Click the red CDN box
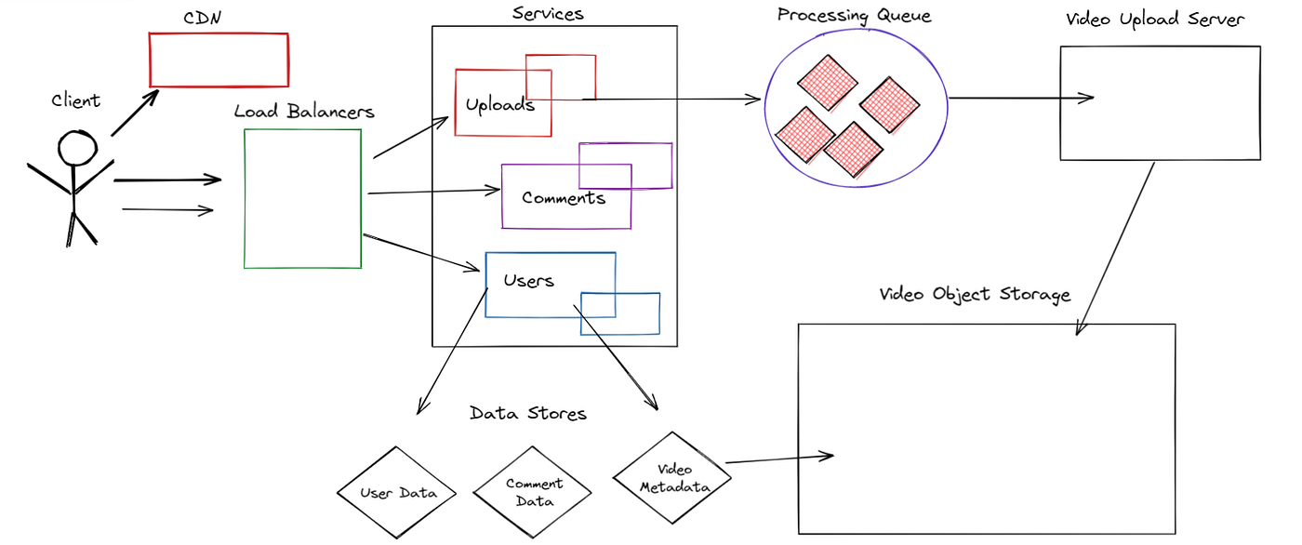[x=219, y=60]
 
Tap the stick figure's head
[x=77, y=148]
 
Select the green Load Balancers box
[x=302, y=199]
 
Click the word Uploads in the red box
[x=500, y=104]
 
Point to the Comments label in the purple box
[x=564, y=198]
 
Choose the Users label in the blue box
[x=528, y=280]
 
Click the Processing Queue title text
[x=854, y=15]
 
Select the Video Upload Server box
[x=1160, y=103]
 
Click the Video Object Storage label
[x=975, y=294]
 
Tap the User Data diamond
[x=398, y=493]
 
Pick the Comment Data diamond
[x=534, y=492]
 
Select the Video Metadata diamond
[x=672, y=479]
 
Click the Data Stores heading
[x=528, y=413]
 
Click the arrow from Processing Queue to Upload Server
[x=1021, y=97]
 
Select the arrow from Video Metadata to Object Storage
[x=777, y=459]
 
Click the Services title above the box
[x=548, y=13]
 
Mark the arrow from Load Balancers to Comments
[x=434, y=193]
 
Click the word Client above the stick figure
[x=75, y=100]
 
